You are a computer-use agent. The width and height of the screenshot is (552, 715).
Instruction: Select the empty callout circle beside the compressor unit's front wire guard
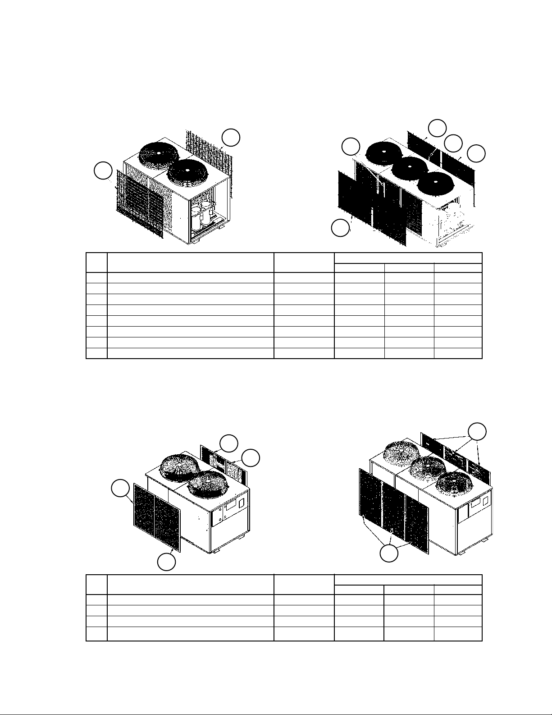103,171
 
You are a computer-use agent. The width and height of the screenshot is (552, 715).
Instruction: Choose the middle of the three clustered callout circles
453,143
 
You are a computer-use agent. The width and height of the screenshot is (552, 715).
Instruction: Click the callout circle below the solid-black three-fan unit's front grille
340,228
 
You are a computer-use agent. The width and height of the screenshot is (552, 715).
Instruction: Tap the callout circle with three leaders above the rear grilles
477,432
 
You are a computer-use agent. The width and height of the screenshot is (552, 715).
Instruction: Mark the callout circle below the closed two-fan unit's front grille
166,562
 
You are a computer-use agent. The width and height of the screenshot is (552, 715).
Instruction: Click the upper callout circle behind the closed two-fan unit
229,443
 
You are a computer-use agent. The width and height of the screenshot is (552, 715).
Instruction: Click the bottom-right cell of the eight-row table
457,353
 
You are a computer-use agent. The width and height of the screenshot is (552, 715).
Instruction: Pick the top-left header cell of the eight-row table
96,263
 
